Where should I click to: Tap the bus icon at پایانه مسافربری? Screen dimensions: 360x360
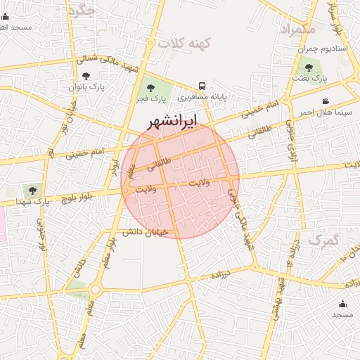(x=202, y=84)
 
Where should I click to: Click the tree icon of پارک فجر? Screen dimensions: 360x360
(x=150, y=88)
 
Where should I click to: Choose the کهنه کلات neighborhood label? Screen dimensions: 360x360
(x=185, y=43)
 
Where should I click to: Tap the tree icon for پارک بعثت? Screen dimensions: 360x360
(x=309, y=67)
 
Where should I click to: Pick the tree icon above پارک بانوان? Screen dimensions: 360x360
(x=86, y=75)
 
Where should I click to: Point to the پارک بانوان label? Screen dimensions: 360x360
(x=86, y=87)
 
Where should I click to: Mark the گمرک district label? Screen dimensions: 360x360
(x=324, y=240)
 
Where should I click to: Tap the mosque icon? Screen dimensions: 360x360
(x=342, y=304)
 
